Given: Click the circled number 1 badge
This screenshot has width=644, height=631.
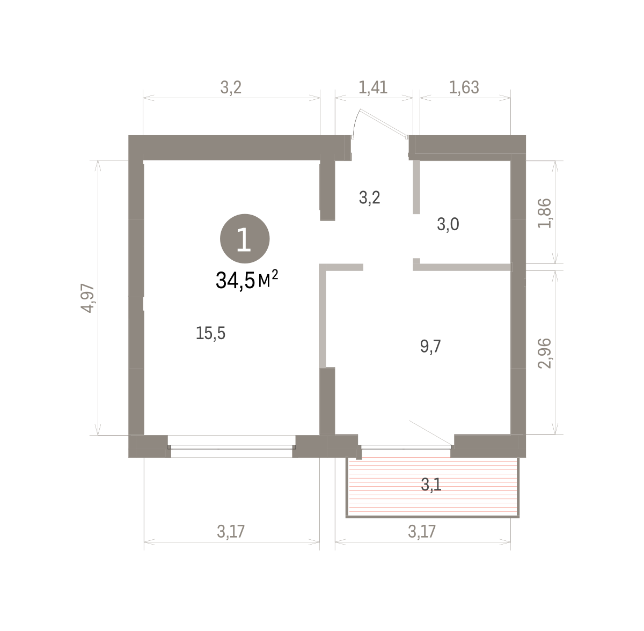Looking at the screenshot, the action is coord(245,239).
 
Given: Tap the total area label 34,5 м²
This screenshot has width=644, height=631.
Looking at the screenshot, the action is coord(247,280).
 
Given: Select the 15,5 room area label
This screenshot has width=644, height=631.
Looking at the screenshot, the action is coord(210,333).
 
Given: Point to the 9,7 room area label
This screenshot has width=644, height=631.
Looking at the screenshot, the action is coord(430,346).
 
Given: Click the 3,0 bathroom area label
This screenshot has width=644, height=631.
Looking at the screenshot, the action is coord(448,224).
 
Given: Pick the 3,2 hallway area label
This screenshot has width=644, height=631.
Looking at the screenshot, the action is coord(370,198).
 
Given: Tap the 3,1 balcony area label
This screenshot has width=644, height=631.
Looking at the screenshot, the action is coord(431,485).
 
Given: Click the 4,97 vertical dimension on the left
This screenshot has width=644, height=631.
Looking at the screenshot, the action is coord(88,298).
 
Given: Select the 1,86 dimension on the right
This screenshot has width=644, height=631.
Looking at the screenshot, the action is coord(544,213).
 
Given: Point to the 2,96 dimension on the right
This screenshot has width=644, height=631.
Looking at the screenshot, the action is coord(544,353).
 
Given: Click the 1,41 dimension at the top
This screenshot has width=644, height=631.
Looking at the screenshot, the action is coord(373,87).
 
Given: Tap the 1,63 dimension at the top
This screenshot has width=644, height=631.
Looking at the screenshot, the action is coord(464,87).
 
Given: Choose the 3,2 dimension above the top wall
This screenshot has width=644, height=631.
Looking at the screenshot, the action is coord(231,87).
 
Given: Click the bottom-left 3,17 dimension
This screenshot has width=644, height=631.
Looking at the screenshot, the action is coord(231,531).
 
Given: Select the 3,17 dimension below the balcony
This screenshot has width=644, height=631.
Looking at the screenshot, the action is coord(422,531).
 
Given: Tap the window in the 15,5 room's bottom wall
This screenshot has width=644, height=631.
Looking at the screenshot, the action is coord(231,447).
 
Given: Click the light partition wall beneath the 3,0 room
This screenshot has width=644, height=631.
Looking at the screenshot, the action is coord(463,267).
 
